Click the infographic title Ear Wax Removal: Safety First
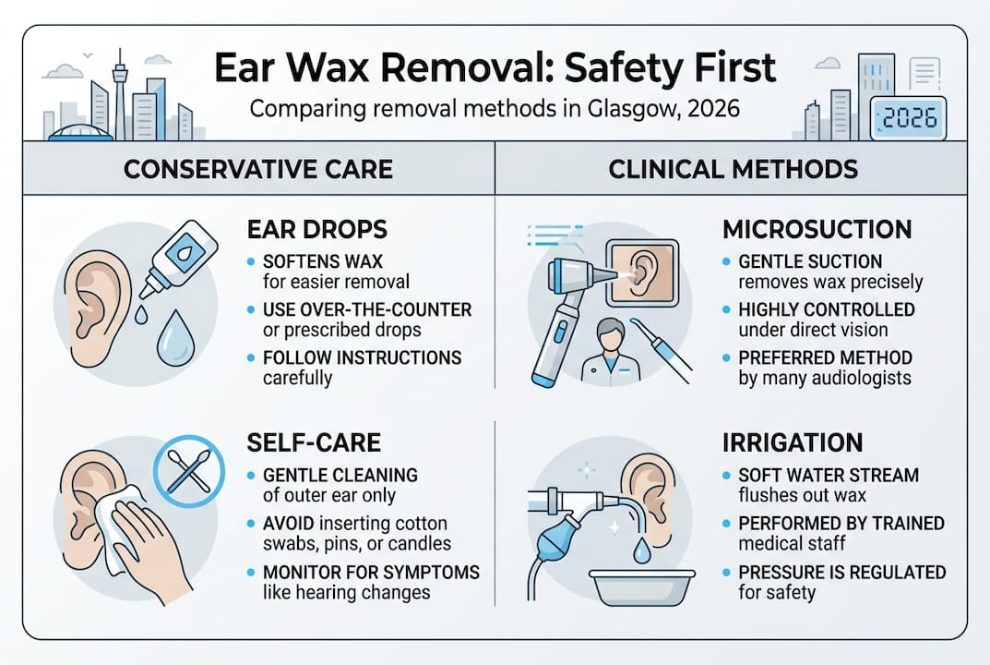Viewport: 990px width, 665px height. (x=494, y=68)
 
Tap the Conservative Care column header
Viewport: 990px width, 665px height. (x=258, y=169)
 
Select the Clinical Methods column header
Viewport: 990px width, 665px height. (x=733, y=169)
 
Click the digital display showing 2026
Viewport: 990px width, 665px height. (x=908, y=119)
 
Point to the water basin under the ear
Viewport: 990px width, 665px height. (x=639, y=581)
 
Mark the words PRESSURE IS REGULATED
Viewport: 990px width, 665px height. (x=841, y=572)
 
